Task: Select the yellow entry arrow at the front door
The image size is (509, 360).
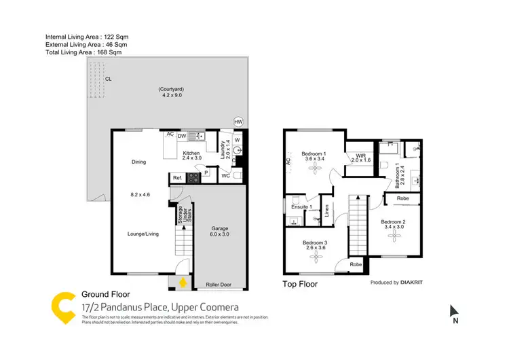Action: click(x=181, y=282)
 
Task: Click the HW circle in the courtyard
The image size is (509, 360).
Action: click(x=238, y=122)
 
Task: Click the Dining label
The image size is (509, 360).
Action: click(x=139, y=162)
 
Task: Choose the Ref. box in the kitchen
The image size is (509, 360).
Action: click(x=177, y=178)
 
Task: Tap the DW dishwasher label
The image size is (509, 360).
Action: click(x=182, y=136)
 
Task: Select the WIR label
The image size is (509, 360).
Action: click(x=362, y=156)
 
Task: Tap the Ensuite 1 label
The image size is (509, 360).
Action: click(x=301, y=206)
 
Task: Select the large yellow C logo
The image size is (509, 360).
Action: click(x=63, y=307)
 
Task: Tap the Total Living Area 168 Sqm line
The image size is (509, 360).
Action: click(x=83, y=52)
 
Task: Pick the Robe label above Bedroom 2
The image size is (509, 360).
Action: click(x=402, y=198)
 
